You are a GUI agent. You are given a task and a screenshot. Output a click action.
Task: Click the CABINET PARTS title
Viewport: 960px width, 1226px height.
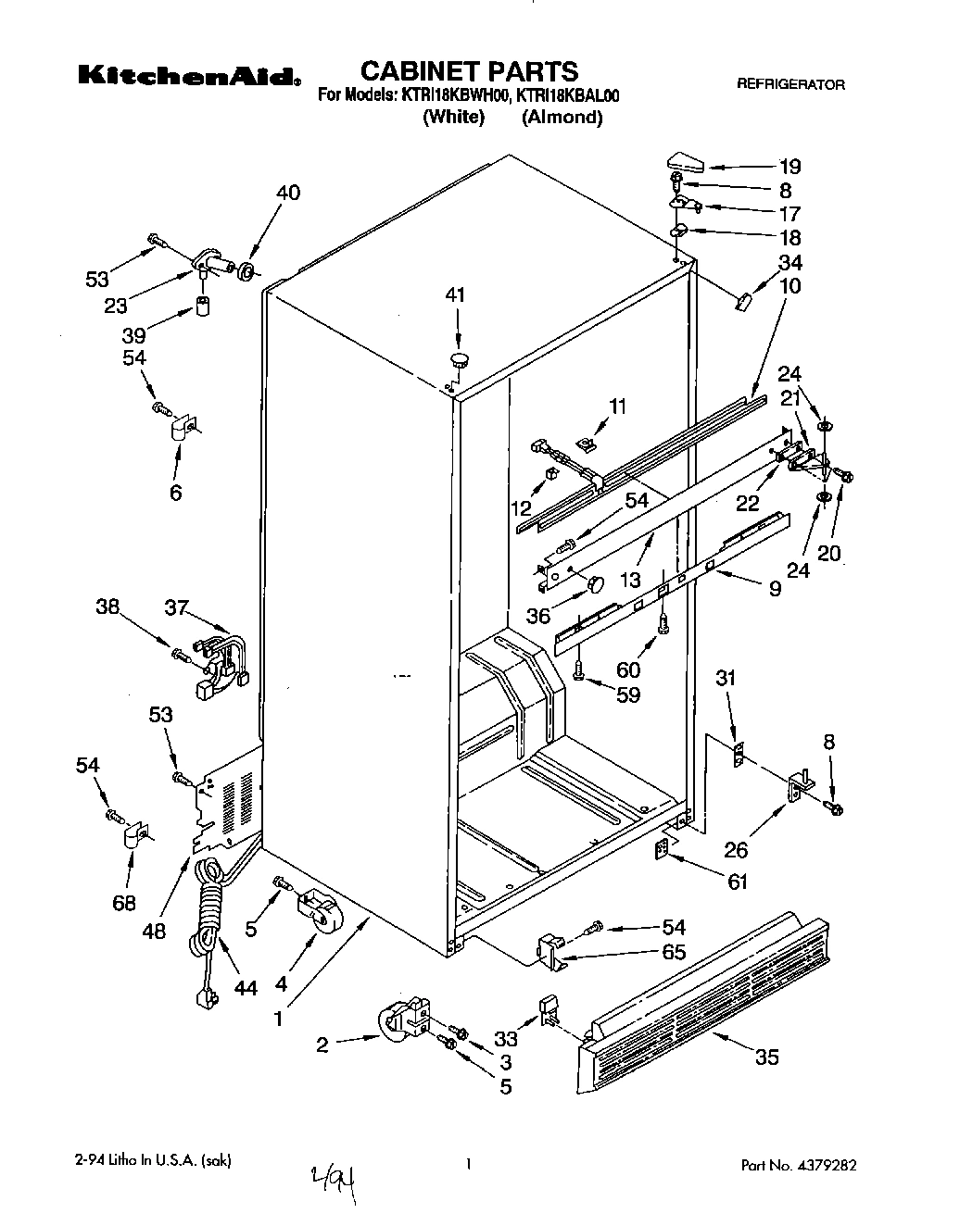[x=468, y=70]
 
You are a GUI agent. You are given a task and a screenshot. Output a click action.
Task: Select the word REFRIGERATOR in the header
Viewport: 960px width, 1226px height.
[x=790, y=84]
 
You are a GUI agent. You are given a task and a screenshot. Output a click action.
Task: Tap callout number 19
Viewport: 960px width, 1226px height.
[x=789, y=167]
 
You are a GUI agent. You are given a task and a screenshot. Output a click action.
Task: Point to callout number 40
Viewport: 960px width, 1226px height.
[x=288, y=193]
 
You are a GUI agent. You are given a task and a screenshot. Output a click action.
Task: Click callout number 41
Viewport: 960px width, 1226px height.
[x=456, y=295]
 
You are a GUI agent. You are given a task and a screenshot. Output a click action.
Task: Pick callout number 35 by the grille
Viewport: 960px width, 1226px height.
[x=767, y=1057]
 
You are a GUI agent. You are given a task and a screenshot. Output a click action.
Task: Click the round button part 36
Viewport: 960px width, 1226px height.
[x=593, y=583]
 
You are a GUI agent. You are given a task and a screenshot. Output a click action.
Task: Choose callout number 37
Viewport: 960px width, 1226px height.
[x=176, y=607]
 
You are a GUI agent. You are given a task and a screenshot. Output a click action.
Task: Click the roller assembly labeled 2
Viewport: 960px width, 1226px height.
[x=401, y=1023]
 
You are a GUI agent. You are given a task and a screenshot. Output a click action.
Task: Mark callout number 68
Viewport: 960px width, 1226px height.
[x=124, y=902]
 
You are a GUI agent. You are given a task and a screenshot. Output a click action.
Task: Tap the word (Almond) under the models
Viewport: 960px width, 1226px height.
[x=562, y=118]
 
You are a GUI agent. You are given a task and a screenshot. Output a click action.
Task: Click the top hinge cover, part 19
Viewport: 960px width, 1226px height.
[x=685, y=164]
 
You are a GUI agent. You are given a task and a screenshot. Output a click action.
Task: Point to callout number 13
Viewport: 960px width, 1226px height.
[x=630, y=580]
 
